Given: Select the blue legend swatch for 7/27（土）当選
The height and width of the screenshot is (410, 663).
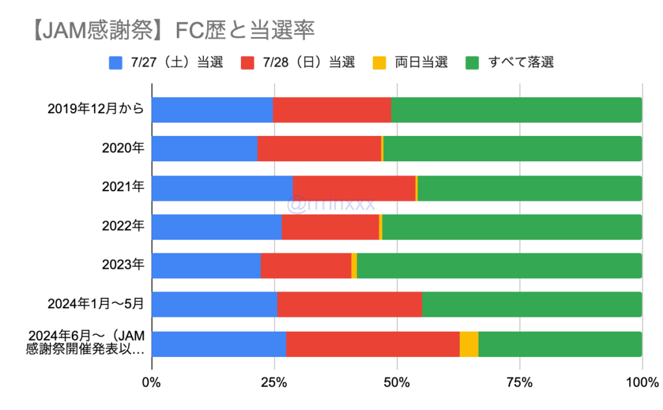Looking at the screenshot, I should (116, 63).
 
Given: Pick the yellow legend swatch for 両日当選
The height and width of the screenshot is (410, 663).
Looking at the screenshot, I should (379, 63).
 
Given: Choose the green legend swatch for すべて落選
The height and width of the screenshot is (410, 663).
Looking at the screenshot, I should (473, 63).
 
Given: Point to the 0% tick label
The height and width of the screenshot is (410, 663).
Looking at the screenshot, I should (152, 382).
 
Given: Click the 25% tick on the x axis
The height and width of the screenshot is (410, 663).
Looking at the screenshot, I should (274, 382).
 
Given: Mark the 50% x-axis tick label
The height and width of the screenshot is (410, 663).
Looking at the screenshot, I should (397, 382).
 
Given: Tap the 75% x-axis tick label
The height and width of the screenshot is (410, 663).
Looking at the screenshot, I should (519, 382).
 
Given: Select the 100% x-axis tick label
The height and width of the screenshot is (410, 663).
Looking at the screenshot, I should (641, 382).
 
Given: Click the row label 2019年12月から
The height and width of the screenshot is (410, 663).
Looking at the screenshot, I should (96, 109).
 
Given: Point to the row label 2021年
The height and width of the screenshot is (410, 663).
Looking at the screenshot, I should (123, 188).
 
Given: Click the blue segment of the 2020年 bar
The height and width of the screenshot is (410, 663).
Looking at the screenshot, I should (204, 148).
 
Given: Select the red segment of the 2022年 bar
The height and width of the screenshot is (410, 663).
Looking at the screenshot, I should (330, 227).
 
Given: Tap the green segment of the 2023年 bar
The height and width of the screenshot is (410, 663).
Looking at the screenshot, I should (499, 266).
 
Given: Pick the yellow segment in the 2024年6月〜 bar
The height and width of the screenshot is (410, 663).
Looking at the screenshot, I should (469, 344).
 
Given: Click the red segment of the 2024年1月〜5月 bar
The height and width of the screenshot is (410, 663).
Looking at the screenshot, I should (349, 304).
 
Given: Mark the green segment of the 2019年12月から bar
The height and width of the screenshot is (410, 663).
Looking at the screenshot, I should (516, 109).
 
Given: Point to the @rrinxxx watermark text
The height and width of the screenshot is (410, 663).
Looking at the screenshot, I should (331, 205).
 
